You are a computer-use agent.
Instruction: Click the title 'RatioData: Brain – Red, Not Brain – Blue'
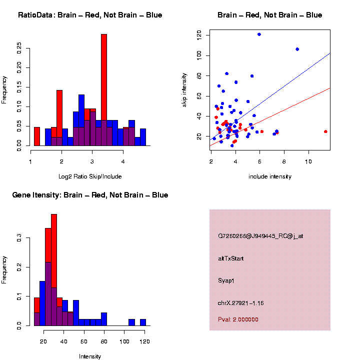click(x=90, y=15)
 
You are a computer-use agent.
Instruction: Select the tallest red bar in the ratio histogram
click(x=104, y=90)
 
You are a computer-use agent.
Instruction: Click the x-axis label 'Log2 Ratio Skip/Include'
click(x=90, y=176)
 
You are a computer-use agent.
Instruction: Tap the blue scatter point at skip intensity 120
click(x=259, y=34)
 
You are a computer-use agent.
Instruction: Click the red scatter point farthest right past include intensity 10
click(x=325, y=131)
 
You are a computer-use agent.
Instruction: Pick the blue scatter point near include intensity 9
click(x=297, y=49)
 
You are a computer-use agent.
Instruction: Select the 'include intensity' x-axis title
click(x=270, y=176)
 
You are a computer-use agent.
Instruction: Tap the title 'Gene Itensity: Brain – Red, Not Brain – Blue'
click(x=90, y=195)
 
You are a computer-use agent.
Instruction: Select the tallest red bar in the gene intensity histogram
click(x=54, y=270)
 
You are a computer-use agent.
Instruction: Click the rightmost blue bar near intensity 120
click(x=143, y=322)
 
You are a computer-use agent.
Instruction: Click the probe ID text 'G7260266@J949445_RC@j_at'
click(x=260, y=236)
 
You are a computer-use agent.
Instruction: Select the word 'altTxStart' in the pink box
click(x=230, y=258)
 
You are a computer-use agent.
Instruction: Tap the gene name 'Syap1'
click(x=226, y=280)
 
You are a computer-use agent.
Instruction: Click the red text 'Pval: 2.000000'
click(x=238, y=319)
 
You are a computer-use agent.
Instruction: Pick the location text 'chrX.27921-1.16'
click(x=240, y=303)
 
